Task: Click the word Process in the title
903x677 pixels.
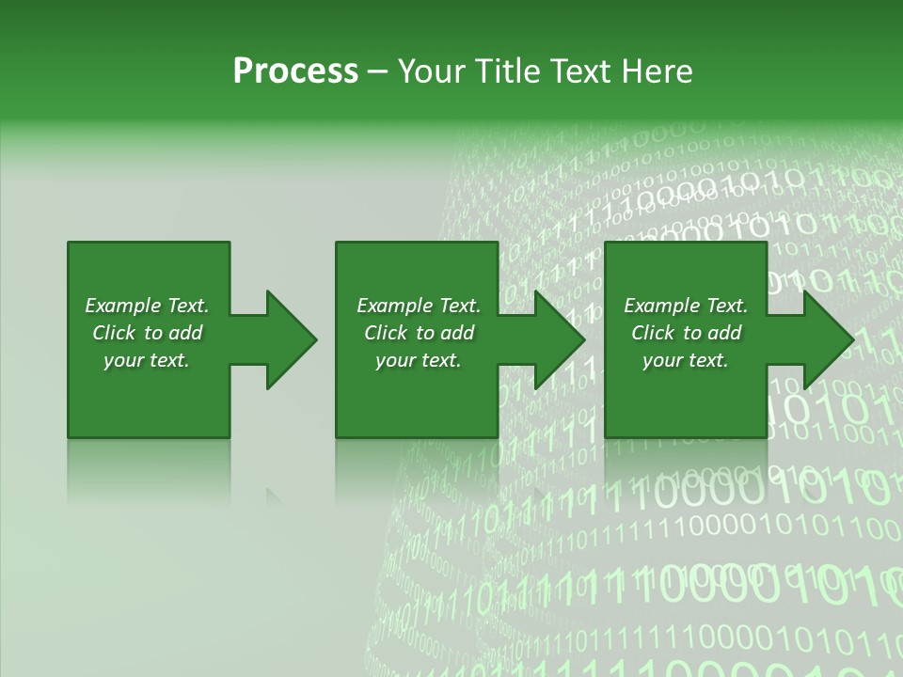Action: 294,71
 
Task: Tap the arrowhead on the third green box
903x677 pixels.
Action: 827,339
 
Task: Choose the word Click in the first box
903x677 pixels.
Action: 114,333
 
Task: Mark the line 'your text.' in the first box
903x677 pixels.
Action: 147,360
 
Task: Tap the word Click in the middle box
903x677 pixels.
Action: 386,333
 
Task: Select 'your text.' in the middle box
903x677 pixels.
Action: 418,360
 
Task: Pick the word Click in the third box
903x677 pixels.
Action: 653,333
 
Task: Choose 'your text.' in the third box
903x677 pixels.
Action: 686,360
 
